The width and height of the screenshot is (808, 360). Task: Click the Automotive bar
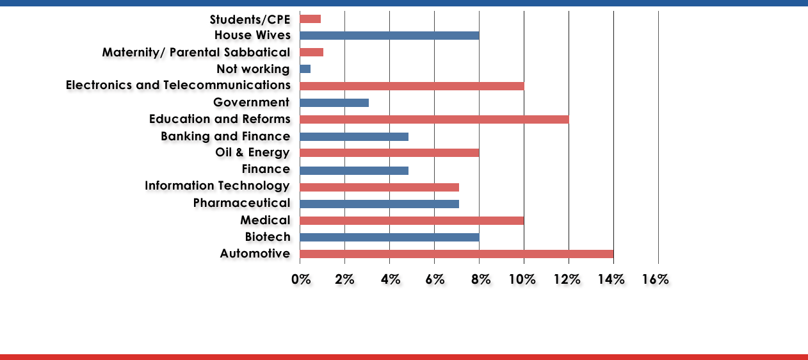click(456, 254)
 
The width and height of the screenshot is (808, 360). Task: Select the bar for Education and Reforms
click(434, 119)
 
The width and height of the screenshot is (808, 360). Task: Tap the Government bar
click(334, 103)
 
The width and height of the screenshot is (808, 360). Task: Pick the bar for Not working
click(305, 69)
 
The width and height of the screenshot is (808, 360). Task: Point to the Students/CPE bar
click(310, 19)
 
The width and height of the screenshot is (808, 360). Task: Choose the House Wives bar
click(389, 35)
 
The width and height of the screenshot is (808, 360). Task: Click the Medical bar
click(411, 220)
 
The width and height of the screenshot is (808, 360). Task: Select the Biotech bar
click(389, 238)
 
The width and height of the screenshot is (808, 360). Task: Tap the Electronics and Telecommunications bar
click(411, 86)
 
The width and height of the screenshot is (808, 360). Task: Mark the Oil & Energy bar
click(389, 152)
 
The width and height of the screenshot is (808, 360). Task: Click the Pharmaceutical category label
click(241, 203)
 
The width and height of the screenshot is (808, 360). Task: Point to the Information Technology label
click(217, 186)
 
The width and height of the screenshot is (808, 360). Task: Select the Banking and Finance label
click(225, 136)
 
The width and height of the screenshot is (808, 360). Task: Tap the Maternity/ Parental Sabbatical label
click(196, 52)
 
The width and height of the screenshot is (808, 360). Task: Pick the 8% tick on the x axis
click(481, 279)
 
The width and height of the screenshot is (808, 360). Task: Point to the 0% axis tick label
click(301, 279)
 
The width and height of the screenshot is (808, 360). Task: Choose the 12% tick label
click(565, 279)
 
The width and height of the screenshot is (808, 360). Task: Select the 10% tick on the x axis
click(521, 279)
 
